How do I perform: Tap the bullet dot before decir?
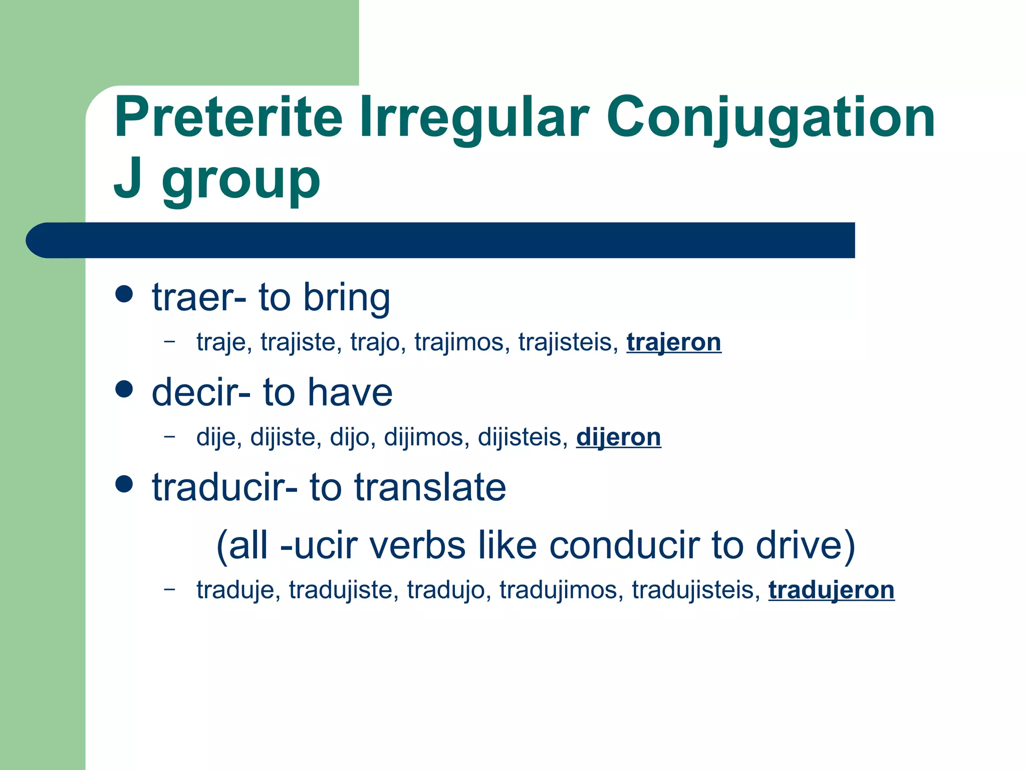pyautogui.click(x=124, y=389)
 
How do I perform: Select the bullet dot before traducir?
pyautogui.click(x=124, y=484)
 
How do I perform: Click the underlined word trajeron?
pyautogui.click(x=673, y=342)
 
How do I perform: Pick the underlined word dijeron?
pyautogui.click(x=618, y=437)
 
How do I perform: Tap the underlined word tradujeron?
pyautogui.click(x=831, y=590)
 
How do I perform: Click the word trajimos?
pyautogui.click(x=459, y=342)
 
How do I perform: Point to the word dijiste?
pyautogui.click(x=286, y=437)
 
